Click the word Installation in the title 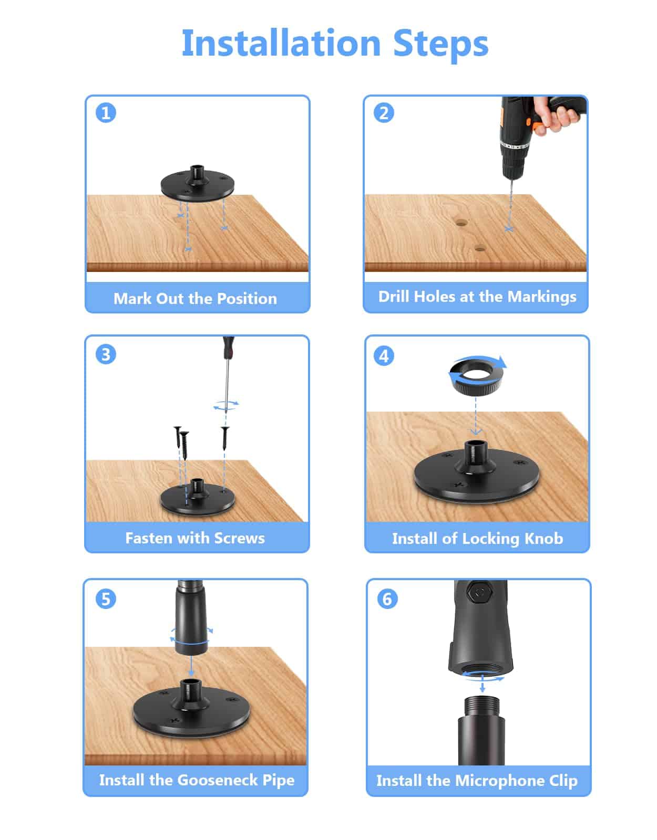tap(281, 43)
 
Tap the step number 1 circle tap(106, 113)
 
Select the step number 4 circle tap(384, 355)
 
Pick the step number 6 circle tap(387, 599)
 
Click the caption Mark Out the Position tap(195, 298)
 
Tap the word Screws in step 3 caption tap(240, 538)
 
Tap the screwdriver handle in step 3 tap(229, 345)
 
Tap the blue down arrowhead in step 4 tap(476, 431)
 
